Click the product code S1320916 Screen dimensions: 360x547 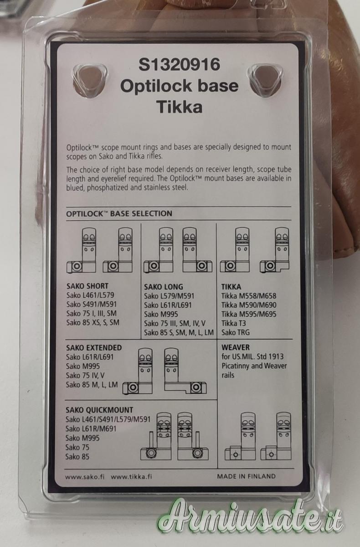tap(180, 64)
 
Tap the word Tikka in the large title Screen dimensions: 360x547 tap(180, 107)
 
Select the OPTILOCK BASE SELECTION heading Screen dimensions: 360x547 tap(119, 214)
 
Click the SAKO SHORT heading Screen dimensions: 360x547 tap(87, 286)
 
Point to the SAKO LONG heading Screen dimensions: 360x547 tap(163, 287)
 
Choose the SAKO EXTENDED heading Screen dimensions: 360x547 tap(94, 347)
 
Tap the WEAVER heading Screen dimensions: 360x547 tap(236, 347)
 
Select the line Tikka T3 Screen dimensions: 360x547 tap(234, 323)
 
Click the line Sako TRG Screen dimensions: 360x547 tap(236, 332)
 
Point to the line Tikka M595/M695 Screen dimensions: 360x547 tap(249, 314)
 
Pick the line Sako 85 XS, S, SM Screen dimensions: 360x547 tap(93, 323)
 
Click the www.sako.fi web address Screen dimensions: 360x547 tap(85, 477)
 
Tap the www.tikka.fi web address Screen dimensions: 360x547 tap(131, 477)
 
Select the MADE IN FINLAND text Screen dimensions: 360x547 tap(246, 476)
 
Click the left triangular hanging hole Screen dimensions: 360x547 tap(89, 80)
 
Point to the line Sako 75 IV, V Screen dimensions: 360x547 tap(85, 375)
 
